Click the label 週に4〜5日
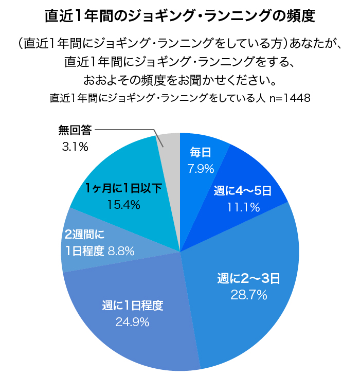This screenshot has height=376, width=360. tap(243, 191)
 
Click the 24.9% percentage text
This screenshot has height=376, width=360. tap(132, 322)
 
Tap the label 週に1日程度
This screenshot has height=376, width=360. tap(132, 306)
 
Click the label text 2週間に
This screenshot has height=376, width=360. tap(85, 236)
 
